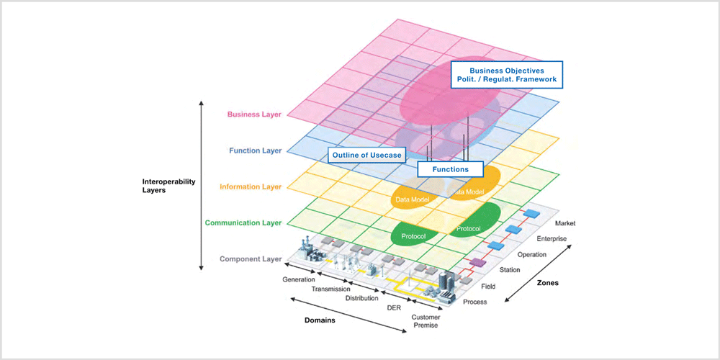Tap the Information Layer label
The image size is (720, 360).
(x=251, y=187)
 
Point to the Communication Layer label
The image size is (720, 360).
(x=243, y=222)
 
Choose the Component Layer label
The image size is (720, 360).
(x=251, y=259)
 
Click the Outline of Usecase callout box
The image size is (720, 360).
(x=367, y=156)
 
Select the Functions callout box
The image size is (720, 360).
(x=451, y=169)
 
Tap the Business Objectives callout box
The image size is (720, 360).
(x=506, y=75)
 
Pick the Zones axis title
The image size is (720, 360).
(x=547, y=283)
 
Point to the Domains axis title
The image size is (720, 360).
(x=320, y=320)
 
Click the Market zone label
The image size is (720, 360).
(x=564, y=223)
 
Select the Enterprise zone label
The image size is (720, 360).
(x=552, y=239)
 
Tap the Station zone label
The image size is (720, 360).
(x=510, y=270)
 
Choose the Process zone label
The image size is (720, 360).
(x=474, y=302)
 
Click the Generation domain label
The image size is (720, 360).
(x=299, y=279)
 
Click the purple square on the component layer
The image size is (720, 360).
(x=477, y=262)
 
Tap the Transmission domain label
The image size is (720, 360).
(x=330, y=289)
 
